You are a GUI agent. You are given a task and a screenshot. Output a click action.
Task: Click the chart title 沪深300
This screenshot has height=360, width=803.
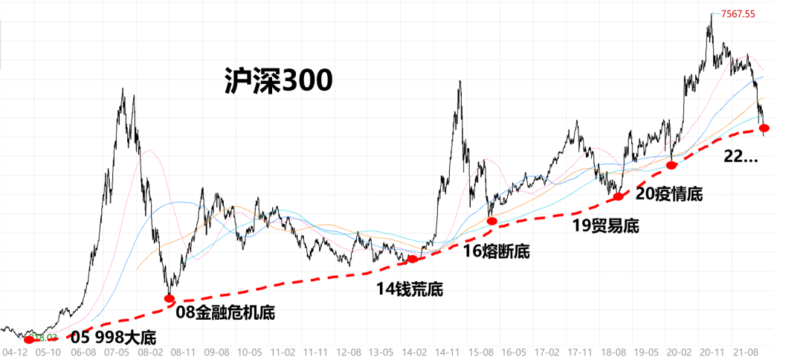click(277, 81)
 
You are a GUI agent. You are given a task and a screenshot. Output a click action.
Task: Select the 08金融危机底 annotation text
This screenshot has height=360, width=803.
click(225, 313)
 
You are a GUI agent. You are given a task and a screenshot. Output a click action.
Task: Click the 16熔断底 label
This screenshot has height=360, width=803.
click(497, 251)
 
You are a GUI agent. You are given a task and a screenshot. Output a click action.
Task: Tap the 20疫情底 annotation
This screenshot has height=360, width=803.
click(669, 194)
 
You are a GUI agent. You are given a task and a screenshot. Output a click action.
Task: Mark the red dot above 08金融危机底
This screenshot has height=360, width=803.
click(170, 298)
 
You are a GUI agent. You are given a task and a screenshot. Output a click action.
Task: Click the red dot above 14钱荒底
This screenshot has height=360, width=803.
click(413, 260)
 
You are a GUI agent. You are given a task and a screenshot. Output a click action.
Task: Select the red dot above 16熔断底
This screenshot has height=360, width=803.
click(491, 221)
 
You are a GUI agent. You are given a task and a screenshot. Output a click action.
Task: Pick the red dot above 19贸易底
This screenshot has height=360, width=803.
click(619, 196)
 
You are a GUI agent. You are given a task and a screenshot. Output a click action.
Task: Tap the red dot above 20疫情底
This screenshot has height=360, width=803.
click(671, 164)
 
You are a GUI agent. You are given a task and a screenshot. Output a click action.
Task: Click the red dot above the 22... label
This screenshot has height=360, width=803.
click(764, 129)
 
